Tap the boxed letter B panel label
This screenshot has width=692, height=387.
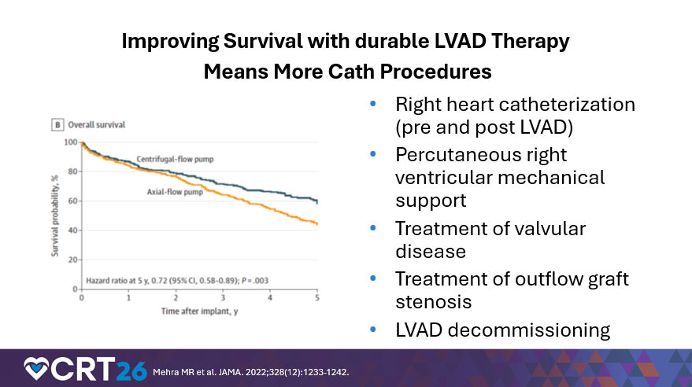click(x=57, y=124)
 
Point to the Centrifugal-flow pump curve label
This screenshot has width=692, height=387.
click(x=175, y=159)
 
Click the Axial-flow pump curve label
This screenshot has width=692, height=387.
click(x=176, y=191)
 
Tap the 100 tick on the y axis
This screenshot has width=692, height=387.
click(x=71, y=142)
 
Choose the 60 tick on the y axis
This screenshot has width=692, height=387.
click(x=72, y=201)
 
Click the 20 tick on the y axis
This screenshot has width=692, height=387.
click(x=72, y=260)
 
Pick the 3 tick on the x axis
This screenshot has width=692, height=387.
click(x=223, y=298)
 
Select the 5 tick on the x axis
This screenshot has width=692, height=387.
click(x=317, y=298)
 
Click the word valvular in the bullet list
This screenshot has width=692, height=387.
click(x=551, y=228)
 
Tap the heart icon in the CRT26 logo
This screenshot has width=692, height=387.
click(x=37, y=368)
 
